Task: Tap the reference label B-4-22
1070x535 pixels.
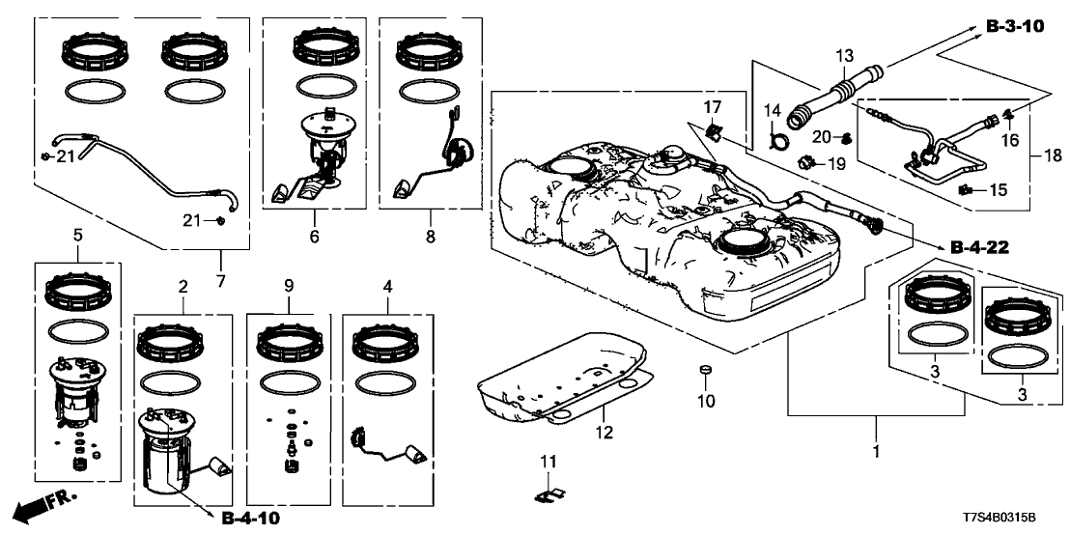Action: [980, 248]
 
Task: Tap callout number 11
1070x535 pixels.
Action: [549, 463]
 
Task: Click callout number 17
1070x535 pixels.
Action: [711, 106]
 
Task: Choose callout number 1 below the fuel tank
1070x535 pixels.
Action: [877, 451]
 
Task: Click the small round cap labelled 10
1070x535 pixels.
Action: [704, 371]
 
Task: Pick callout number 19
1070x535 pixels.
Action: [838, 164]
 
